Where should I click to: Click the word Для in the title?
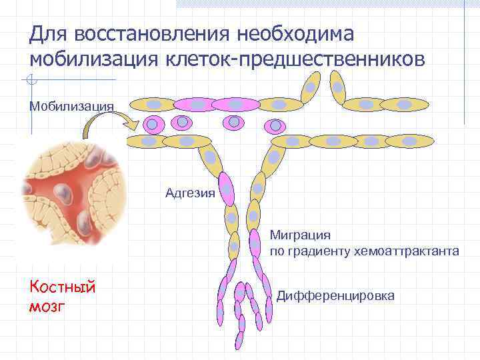(x=49, y=33)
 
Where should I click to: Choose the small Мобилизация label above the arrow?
(x=72, y=105)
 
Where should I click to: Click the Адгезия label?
(x=190, y=194)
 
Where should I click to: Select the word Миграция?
(x=300, y=235)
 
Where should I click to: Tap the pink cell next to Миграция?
(x=255, y=243)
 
